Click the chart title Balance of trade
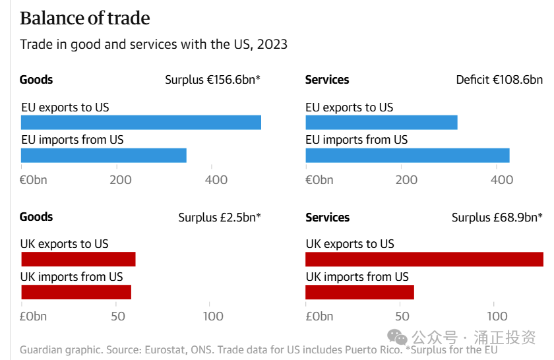tap(85, 18)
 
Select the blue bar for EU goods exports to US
tap(140, 123)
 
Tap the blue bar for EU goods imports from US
tap(104, 156)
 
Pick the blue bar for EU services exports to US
tap(381, 123)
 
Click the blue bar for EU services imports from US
tap(408, 156)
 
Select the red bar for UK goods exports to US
tap(78, 259)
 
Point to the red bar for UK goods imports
tap(76, 292)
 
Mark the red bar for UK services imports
tap(359, 292)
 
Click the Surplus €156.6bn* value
tap(212, 80)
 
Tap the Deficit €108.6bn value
tap(499, 80)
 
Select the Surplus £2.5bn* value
tap(219, 217)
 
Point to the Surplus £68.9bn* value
tap(497, 217)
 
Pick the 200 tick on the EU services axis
tap(406, 179)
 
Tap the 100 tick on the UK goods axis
tap(213, 316)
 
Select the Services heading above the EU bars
tap(327, 80)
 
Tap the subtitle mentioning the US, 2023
tap(154, 45)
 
